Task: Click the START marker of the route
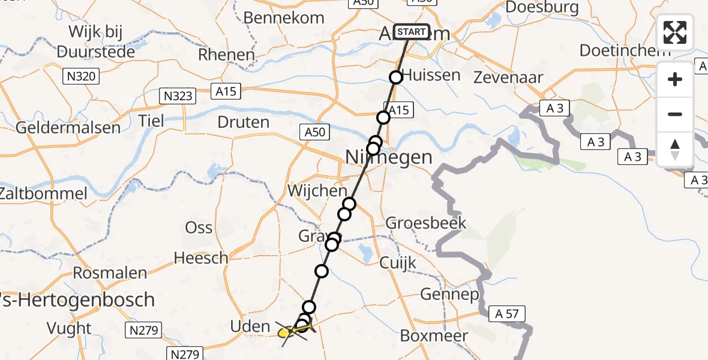[x=411, y=32]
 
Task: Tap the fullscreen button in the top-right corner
[x=675, y=32]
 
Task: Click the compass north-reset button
[x=675, y=149]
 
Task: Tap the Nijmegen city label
[x=389, y=157]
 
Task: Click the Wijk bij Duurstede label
[x=95, y=41]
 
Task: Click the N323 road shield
[x=178, y=95]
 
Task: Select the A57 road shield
[x=507, y=313]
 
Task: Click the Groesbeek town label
[x=426, y=223]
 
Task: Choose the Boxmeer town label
[x=442, y=335]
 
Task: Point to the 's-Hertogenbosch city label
[x=78, y=299]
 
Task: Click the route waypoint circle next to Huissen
[x=396, y=77]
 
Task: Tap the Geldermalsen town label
[x=68, y=128]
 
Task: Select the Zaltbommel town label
[x=43, y=194]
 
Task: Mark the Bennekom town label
[x=284, y=17]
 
